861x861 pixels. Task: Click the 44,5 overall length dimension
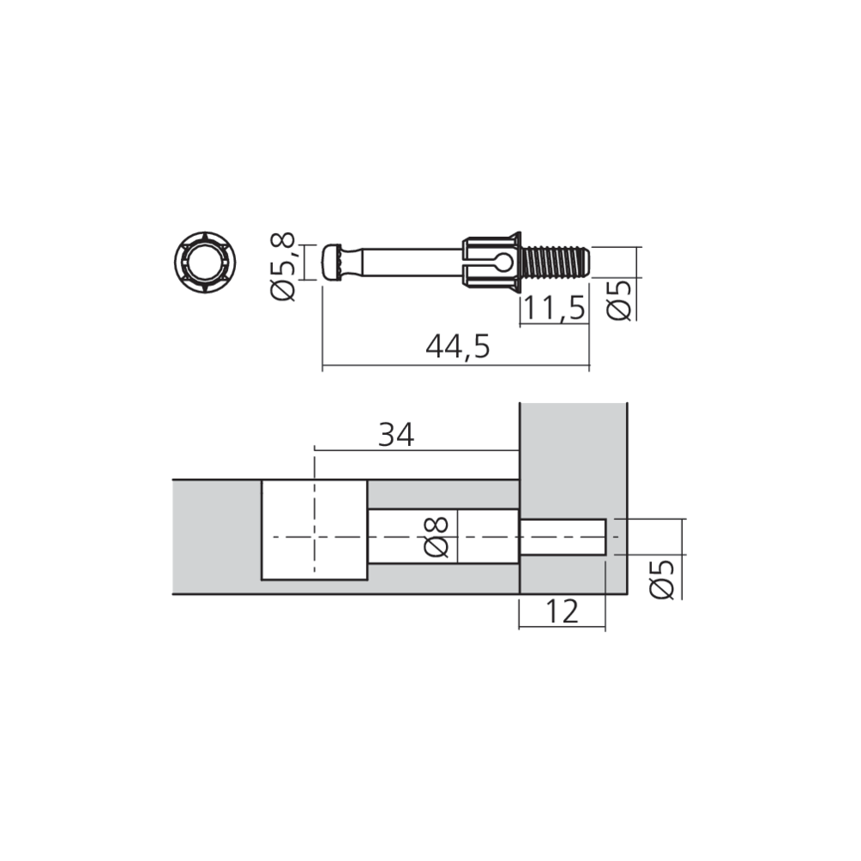point(457,346)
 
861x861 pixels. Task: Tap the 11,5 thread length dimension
point(553,307)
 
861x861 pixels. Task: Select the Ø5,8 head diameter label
point(283,266)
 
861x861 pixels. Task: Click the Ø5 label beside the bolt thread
point(621,298)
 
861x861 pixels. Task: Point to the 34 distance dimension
point(396,435)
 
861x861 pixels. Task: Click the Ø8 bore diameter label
point(437,536)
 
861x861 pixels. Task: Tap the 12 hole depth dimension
point(561,611)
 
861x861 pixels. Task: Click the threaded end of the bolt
point(558,261)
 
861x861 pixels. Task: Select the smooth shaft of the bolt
point(405,261)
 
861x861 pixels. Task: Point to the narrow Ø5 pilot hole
point(564,537)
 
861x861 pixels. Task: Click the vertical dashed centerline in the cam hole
point(315,517)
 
